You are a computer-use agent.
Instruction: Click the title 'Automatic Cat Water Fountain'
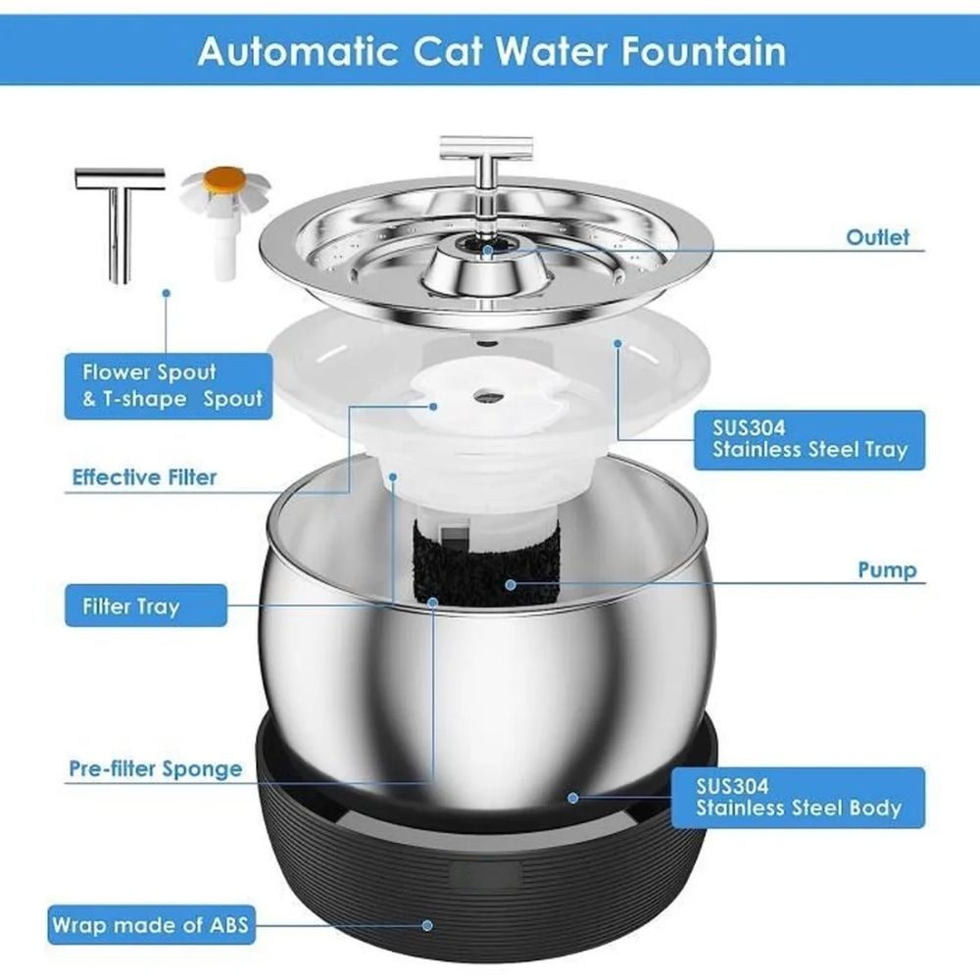tap(491, 51)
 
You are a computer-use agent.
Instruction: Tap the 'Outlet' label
tap(877, 237)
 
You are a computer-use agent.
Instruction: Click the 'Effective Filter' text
tap(144, 477)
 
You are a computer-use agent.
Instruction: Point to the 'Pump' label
tap(887, 569)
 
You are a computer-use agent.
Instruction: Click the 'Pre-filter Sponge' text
tap(155, 767)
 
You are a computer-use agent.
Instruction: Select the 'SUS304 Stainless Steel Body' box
tap(798, 796)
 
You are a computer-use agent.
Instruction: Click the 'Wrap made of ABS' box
tap(147, 923)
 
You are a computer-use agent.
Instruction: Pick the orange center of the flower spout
tap(219, 181)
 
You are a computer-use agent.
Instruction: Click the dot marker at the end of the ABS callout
tap(428, 923)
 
